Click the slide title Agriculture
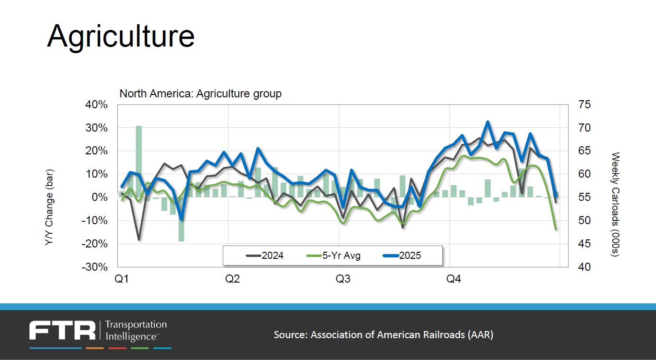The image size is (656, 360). pyautogui.click(x=121, y=36)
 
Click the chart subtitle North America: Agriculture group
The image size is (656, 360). pyautogui.click(x=200, y=94)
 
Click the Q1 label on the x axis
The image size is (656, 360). pyautogui.click(x=122, y=279)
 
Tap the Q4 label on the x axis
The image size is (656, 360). pyautogui.click(x=453, y=279)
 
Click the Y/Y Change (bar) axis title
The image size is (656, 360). pyautogui.click(x=49, y=208)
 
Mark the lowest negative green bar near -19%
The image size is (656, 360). pyautogui.click(x=181, y=219)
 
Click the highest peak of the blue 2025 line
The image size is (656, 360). pyautogui.click(x=487, y=122)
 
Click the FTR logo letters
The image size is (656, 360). pyautogui.click(x=62, y=330)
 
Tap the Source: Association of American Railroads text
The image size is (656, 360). pyautogui.click(x=383, y=335)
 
